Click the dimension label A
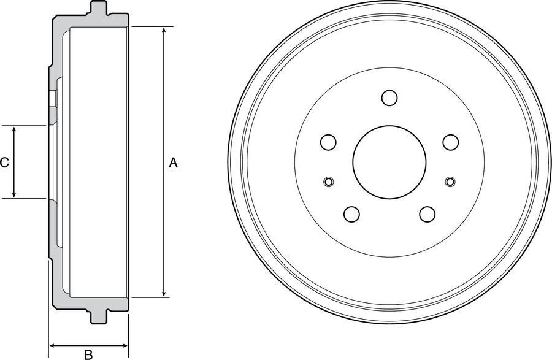(x=173, y=163)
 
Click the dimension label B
(x=88, y=354)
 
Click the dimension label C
(x=4, y=163)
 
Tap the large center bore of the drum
(x=389, y=162)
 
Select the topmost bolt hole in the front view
(x=389, y=98)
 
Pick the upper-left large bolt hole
(x=328, y=142)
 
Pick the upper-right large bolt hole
(x=451, y=142)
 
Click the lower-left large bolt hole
(x=351, y=214)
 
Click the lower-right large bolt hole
(x=427, y=214)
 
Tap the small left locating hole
(x=329, y=182)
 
